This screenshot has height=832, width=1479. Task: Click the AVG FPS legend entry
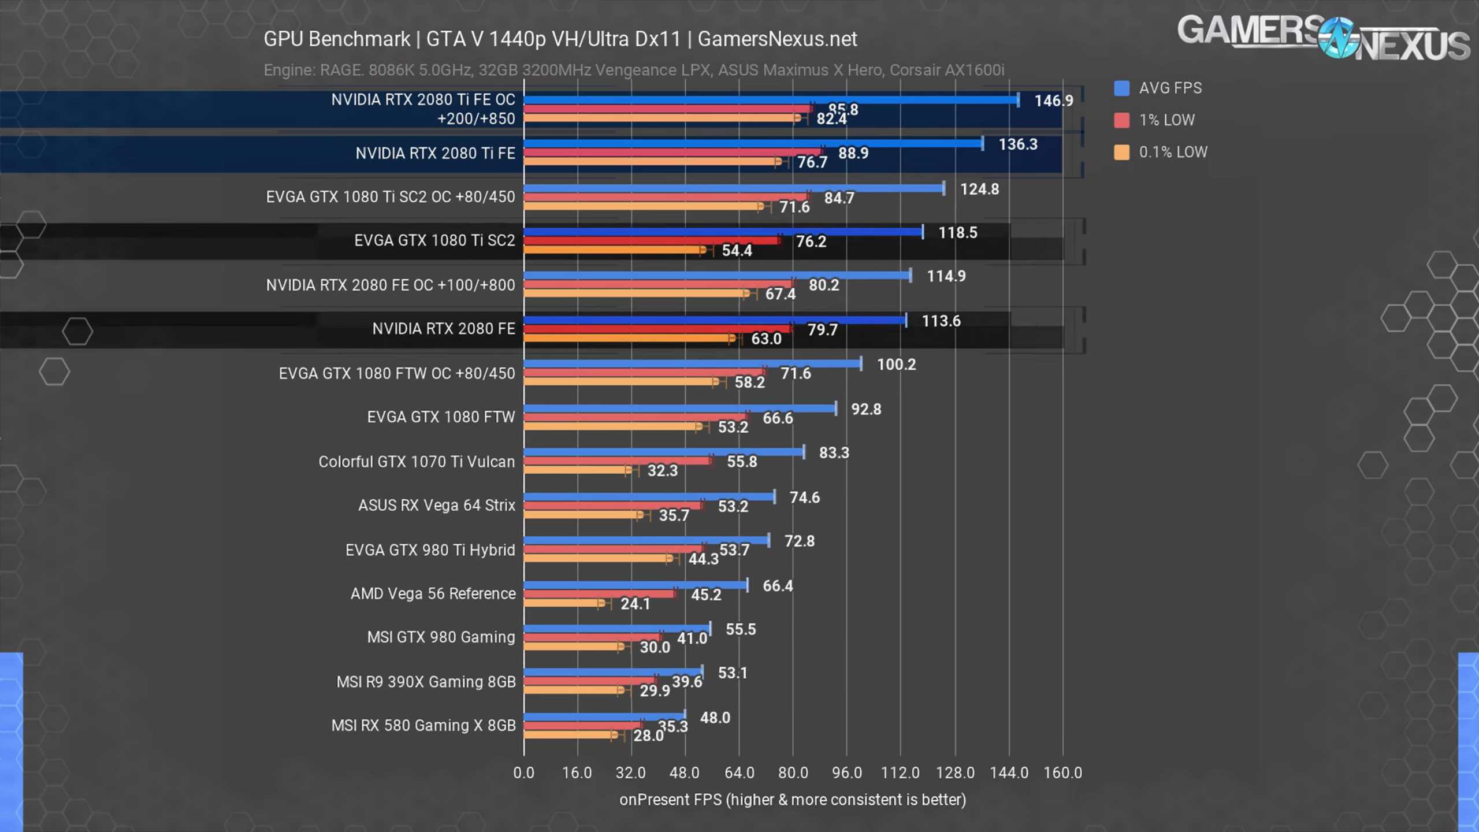[1169, 88]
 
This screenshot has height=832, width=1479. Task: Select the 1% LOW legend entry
[1166, 120]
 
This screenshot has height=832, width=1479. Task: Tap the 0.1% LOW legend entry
[1172, 152]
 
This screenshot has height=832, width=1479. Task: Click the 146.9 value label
[1053, 101]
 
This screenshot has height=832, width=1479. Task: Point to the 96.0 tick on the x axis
[846, 773]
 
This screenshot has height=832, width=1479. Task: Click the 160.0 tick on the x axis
[1062, 773]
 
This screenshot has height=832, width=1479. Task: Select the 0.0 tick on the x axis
[523, 773]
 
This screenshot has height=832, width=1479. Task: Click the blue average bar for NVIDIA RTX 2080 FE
[715, 320]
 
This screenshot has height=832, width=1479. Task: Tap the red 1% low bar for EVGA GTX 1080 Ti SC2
[652, 241]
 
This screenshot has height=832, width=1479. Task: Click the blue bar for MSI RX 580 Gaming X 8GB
[604, 717]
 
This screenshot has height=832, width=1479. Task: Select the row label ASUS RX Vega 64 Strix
[436, 506]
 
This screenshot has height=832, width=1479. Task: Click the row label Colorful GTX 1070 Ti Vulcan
[417, 462]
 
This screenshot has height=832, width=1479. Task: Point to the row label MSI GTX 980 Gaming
[441, 637]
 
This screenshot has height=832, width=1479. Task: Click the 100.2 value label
[896, 365]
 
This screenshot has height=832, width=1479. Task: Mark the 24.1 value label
[635, 604]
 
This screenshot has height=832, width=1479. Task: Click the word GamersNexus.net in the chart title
[777, 39]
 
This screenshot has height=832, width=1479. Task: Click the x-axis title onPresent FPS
[792, 800]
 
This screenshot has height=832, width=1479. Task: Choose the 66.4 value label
[778, 586]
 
